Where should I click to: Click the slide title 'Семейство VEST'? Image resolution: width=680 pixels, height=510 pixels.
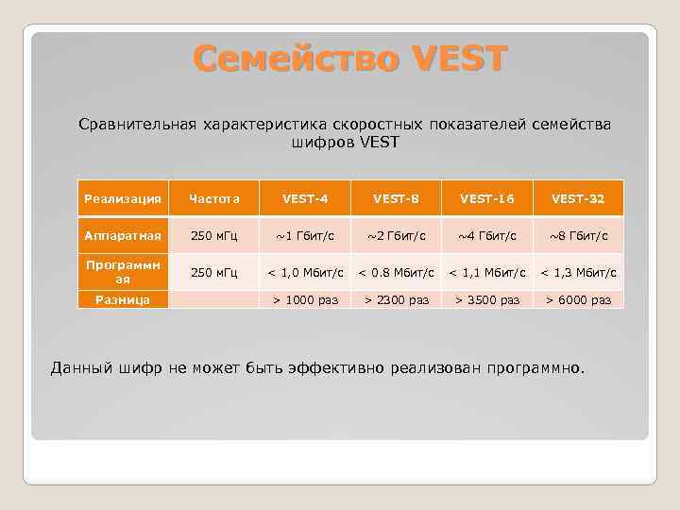pos(350,59)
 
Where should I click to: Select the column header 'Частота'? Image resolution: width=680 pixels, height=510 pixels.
pos(214,198)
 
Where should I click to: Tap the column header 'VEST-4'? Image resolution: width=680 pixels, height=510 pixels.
pos(305,198)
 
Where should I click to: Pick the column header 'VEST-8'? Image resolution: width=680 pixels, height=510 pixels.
pos(396,198)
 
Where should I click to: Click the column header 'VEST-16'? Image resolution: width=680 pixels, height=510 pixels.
pos(487,198)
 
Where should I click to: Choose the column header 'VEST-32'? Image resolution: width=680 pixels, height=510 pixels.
pos(578,198)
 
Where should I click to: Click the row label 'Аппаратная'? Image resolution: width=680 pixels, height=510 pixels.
pos(123,234)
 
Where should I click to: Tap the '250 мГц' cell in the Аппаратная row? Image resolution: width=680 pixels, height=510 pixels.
pos(214,235)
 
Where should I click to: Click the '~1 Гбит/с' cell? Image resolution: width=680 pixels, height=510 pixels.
pos(305,235)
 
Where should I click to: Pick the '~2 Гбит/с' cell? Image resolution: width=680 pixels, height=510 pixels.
pos(396,235)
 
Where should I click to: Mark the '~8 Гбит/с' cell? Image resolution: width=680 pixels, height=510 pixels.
pos(578,235)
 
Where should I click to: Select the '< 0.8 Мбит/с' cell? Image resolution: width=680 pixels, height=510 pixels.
pos(396,273)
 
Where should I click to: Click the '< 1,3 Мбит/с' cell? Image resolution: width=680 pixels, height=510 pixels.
pos(578,273)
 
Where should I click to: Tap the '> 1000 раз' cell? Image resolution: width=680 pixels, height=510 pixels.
pos(305,299)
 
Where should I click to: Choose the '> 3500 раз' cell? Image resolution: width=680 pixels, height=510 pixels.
pos(487,299)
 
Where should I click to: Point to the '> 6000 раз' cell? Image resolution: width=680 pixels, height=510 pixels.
pos(578,299)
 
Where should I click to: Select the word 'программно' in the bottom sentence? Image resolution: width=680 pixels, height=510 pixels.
pos(535,366)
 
